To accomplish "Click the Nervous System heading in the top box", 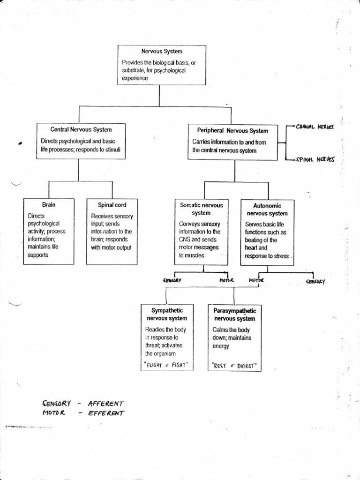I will point(161,51).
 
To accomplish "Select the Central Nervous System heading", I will point(81,129).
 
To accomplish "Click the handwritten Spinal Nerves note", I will point(315,159).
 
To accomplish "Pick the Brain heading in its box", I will point(49,204).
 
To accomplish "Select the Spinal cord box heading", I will point(112,205).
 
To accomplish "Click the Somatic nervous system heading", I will point(202,209).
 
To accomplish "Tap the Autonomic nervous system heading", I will point(267,210).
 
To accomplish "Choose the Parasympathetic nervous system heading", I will point(235,315).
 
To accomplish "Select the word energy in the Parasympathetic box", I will point(221,346).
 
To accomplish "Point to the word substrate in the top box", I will point(133,70).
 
